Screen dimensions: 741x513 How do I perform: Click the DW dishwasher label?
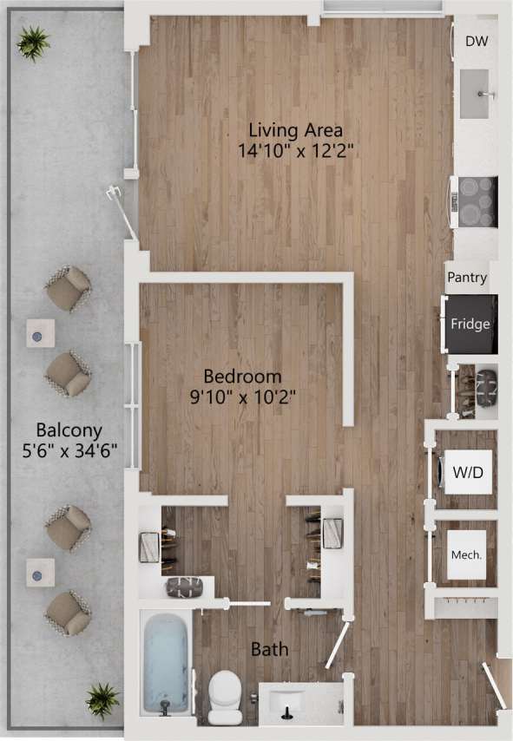click(x=475, y=41)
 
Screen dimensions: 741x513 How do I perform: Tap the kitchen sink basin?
click(x=476, y=95)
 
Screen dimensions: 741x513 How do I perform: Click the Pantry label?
click(x=467, y=279)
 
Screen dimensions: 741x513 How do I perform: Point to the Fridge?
click(x=470, y=325)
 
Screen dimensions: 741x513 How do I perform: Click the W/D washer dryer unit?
click(x=469, y=473)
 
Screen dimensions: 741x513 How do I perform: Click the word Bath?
click(x=270, y=649)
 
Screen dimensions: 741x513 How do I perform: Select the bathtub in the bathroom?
click(x=166, y=662)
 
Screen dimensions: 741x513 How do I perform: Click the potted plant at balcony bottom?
click(x=102, y=698)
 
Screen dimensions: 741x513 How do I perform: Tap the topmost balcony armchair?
click(x=68, y=289)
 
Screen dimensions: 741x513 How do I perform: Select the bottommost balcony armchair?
click(x=68, y=613)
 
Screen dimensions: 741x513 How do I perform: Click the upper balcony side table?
click(x=39, y=332)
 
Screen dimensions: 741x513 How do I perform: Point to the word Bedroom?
click(x=242, y=377)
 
